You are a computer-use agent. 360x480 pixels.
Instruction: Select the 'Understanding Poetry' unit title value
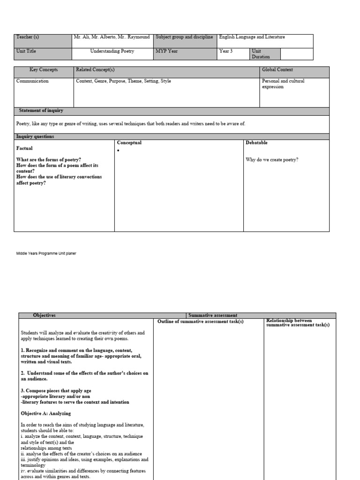click(112, 51)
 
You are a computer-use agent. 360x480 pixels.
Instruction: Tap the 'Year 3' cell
click(226, 51)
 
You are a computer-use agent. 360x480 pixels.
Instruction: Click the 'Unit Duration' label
click(261, 53)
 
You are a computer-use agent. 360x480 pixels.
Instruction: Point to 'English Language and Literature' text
click(252, 37)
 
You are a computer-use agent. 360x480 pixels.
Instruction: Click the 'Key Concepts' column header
click(44, 70)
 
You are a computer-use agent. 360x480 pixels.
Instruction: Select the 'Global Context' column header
click(277, 70)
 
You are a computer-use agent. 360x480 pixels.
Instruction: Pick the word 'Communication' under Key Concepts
click(32, 81)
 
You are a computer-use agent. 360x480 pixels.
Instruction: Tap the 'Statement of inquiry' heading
click(41, 111)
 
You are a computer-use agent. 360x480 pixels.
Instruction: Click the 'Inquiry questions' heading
click(35, 136)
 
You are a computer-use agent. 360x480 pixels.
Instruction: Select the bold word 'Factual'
click(24, 148)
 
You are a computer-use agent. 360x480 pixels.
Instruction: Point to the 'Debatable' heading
click(256, 142)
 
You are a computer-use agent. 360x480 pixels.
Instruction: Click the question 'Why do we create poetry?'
click(272, 160)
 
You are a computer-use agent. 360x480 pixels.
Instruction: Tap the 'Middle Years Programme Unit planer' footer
click(46, 254)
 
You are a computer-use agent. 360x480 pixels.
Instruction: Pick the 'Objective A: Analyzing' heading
click(45, 413)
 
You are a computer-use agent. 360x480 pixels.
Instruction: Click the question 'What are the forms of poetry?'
click(48, 160)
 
